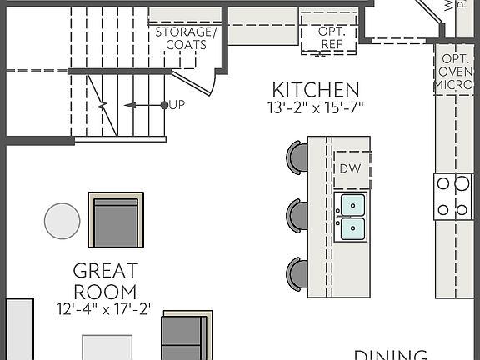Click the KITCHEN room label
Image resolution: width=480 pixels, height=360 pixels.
(316, 89)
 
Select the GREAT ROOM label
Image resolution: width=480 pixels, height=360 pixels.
(105, 281)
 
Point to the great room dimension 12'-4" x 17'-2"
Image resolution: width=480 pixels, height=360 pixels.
(104, 308)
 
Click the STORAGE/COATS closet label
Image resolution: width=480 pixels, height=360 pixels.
(185, 38)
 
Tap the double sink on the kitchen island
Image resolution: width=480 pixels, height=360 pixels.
(351, 216)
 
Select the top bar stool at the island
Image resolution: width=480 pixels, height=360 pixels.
(297, 155)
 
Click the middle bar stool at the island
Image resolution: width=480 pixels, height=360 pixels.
(297, 213)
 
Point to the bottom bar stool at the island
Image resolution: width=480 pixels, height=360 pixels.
(297, 272)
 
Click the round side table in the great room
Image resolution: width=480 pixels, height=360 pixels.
(62, 221)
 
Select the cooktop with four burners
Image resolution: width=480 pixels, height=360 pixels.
(453, 197)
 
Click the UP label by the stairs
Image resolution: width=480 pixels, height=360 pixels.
(176, 105)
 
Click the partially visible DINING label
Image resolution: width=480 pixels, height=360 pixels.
(392, 353)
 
